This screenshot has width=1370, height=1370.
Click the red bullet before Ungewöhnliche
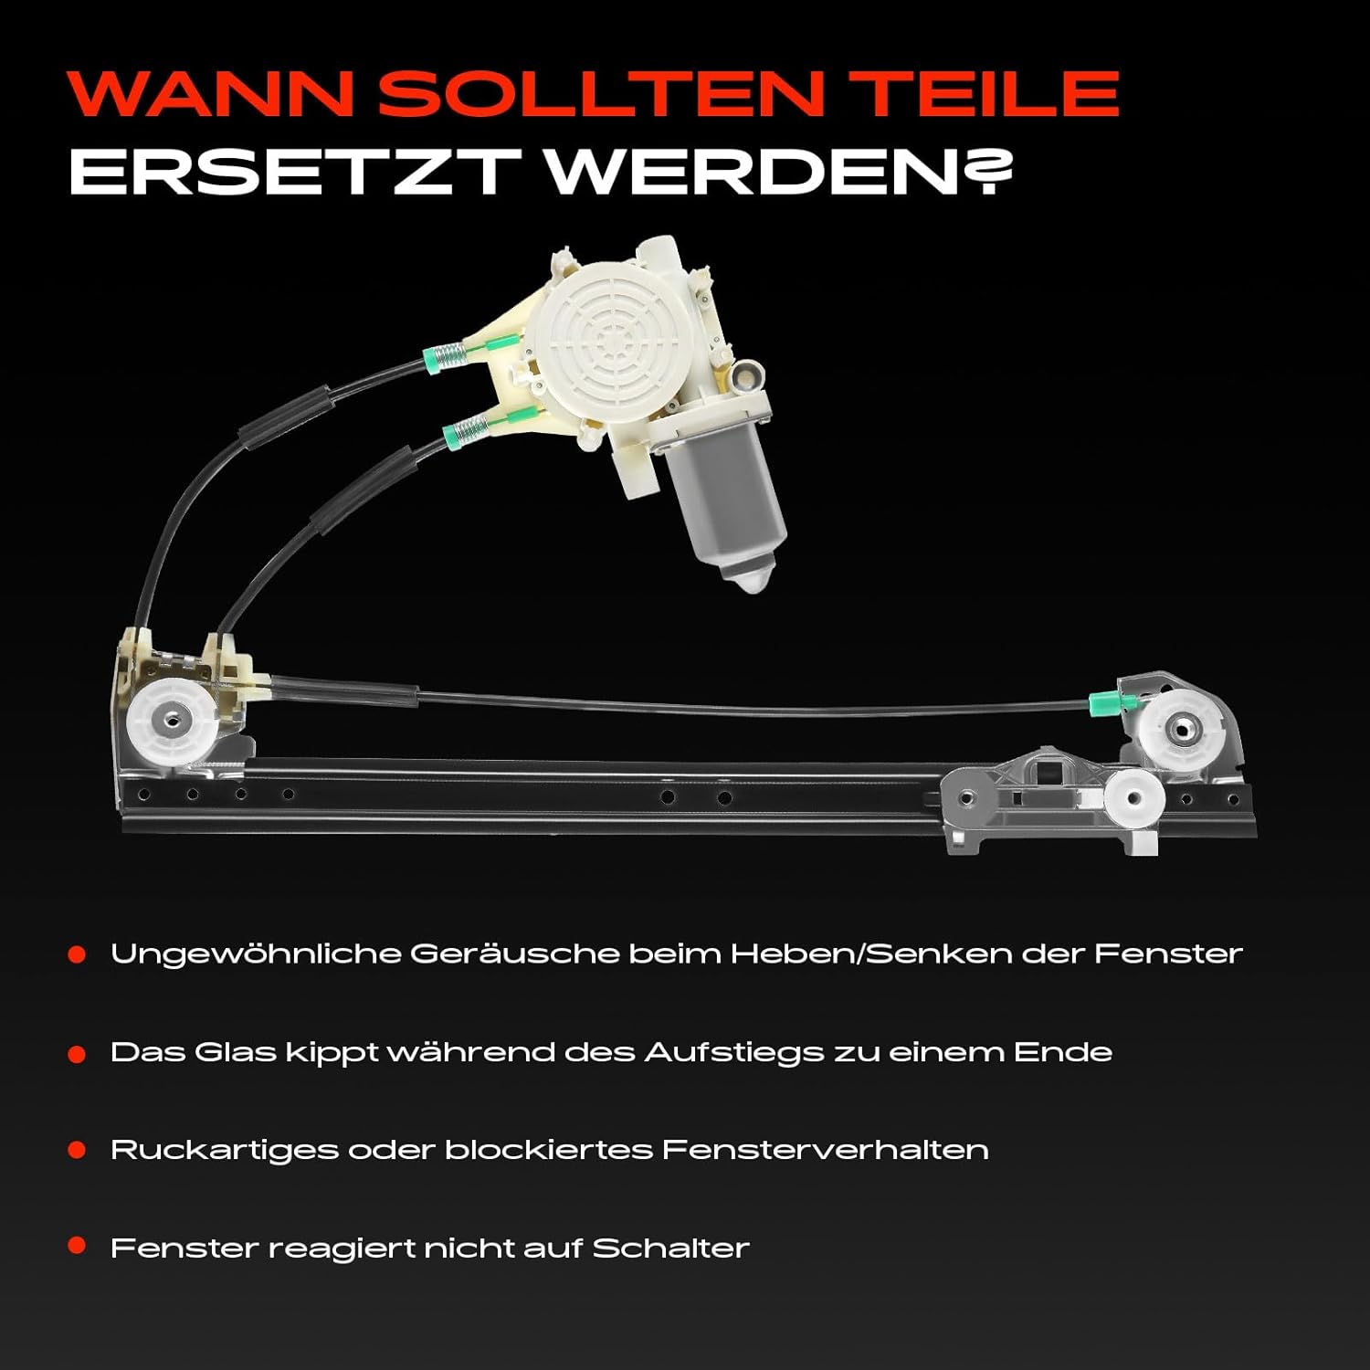click(x=77, y=954)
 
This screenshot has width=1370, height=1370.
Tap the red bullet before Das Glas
click(x=77, y=1055)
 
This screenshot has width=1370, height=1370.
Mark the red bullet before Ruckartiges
click(x=77, y=1150)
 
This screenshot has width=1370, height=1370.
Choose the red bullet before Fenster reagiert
click(x=77, y=1245)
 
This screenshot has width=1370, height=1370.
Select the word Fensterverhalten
click(x=826, y=1149)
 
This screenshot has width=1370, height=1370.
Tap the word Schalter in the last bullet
click(x=670, y=1248)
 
